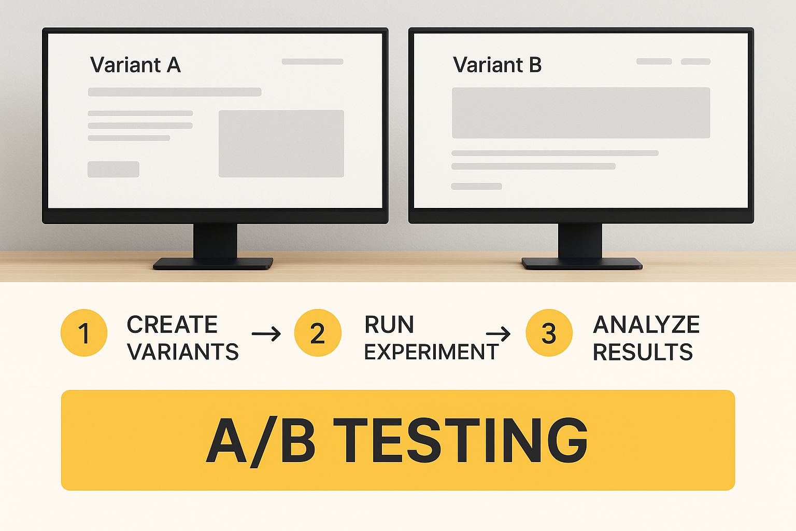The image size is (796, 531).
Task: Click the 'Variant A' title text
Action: [x=135, y=65]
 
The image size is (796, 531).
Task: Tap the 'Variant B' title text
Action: [x=497, y=65]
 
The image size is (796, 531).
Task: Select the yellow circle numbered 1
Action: [x=84, y=333]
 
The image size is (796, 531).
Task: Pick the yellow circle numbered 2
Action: [x=318, y=333]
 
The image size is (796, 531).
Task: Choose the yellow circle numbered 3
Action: [x=549, y=333]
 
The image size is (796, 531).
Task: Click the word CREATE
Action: [x=173, y=325]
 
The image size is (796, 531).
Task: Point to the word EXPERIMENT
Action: [x=431, y=352]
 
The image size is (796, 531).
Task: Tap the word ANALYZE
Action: [x=646, y=325]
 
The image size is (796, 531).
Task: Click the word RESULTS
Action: [x=643, y=352]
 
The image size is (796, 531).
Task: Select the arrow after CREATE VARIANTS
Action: [x=266, y=333]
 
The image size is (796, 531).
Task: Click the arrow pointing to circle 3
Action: [x=498, y=333]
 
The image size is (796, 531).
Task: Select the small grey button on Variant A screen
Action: [x=113, y=169]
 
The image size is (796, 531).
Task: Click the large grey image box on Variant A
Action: [x=281, y=144]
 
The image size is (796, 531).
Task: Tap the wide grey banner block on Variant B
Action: [x=581, y=113]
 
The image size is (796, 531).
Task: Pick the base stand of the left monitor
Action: [x=213, y=263]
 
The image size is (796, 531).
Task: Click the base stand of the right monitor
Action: [x=582, y=263]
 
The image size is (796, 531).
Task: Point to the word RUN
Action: [x=389, y=325]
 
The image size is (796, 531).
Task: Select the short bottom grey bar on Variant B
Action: [x=477, y=186]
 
